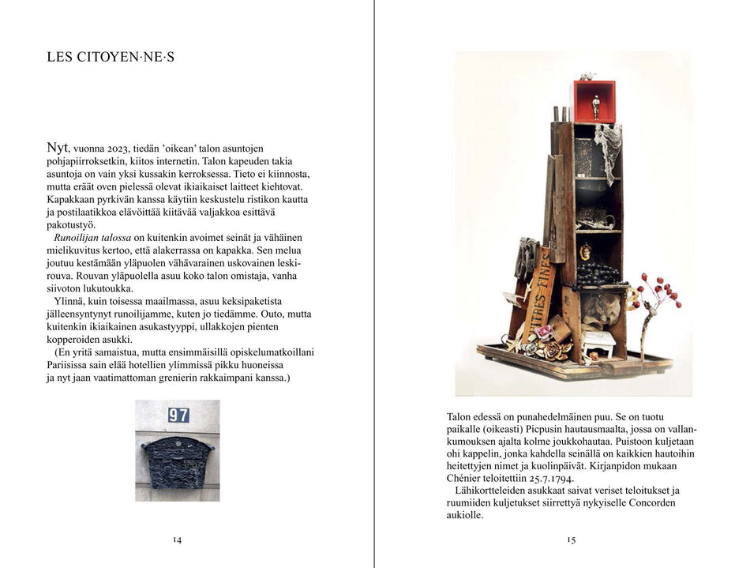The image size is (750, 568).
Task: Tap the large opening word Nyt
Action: click(x=58, y=148)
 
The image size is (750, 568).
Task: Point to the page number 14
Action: click(x=177, y=540)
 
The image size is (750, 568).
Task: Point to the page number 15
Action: click(x=571, y=540)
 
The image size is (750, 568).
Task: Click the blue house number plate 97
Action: click(x=178, y=415)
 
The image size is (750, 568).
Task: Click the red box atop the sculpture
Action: click(x=594, y=102)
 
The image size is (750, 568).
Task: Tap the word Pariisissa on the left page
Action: click(x=74, y=365)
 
